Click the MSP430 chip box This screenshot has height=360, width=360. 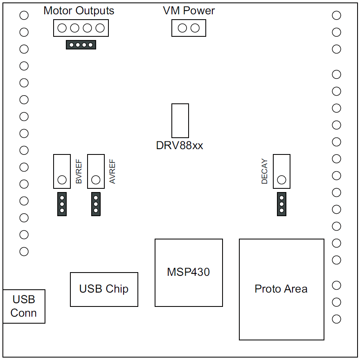click(x=189, y=273)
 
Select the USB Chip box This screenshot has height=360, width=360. click(x=104, y=289)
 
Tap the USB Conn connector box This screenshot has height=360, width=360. click(x=24, y=306)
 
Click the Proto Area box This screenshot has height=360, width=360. click(x=281, y=289)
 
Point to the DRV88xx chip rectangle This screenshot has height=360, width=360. click(x=180, y=121)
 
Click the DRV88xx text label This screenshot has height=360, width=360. click(x=180, y=145)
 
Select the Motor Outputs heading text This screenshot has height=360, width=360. click(x=79, y=11)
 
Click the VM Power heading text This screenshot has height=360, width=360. click(x=189, y=11)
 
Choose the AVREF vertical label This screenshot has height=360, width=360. click(x=113, y=172)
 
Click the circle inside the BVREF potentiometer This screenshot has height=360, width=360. click(x=62, y=179)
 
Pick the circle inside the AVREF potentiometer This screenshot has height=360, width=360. click(x=96, y=179)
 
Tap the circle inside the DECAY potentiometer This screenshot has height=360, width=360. click(x=281, y=179)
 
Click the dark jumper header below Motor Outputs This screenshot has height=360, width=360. click(x=81, y=45)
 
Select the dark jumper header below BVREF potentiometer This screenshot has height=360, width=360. click(x=62, y=204)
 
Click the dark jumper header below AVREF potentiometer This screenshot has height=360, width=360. click(x=96, y=204)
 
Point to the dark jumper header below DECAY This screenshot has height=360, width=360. click(x=281, y=204)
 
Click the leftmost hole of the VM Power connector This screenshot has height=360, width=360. click(x=182, y=28)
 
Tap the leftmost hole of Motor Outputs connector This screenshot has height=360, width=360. click(x=62, y=28)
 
